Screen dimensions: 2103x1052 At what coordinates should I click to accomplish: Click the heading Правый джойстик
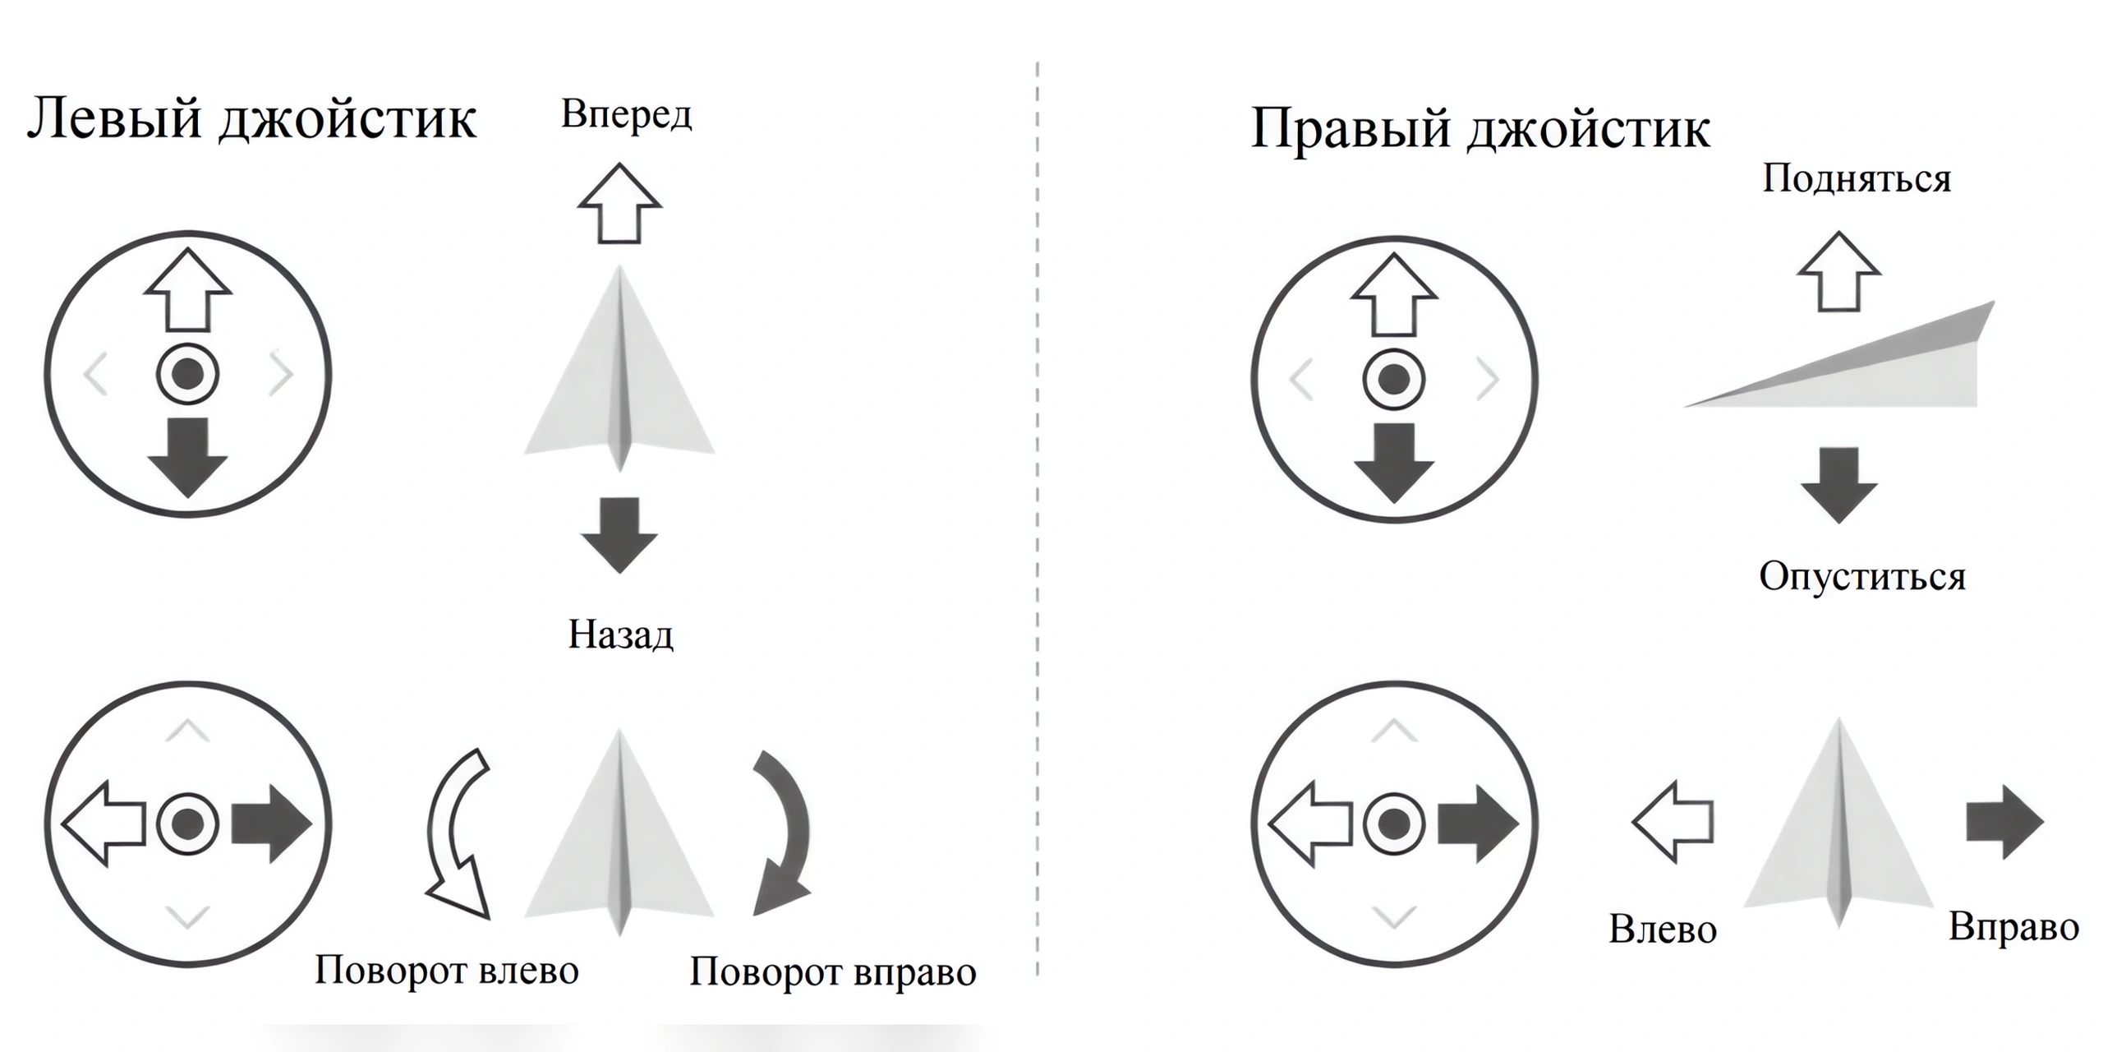click(x=1480, y=130)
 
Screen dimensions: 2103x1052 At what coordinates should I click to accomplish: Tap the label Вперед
click(x=626, y=115)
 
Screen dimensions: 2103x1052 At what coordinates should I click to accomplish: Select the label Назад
click(x=621, y=634)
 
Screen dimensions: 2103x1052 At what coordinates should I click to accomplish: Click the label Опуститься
click(x=1862, y=576)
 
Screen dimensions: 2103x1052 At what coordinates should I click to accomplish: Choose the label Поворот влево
click(x=447, y=971)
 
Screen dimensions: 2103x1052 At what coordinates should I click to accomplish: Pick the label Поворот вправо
click(x=833, y=971)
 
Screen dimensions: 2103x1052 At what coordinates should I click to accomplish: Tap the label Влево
click(x=1663, y=930)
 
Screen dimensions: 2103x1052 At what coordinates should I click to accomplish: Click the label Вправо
click(x=2013, y=927)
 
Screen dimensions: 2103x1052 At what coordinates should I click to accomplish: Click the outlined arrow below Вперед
click(x=619, y=203)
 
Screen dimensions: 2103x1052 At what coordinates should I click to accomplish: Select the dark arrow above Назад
click(x=619, y=535)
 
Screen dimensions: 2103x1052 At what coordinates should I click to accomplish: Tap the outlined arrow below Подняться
click(x=1839, y=271)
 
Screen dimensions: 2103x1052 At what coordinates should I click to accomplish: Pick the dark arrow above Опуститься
click(x=1839, y=486)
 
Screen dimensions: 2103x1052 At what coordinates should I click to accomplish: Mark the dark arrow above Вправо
click(x=2005, y=823)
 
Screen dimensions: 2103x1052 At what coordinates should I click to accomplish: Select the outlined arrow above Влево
click(x=1673, y=822)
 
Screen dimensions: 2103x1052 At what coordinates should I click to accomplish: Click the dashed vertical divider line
click(x=1038, y=519)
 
